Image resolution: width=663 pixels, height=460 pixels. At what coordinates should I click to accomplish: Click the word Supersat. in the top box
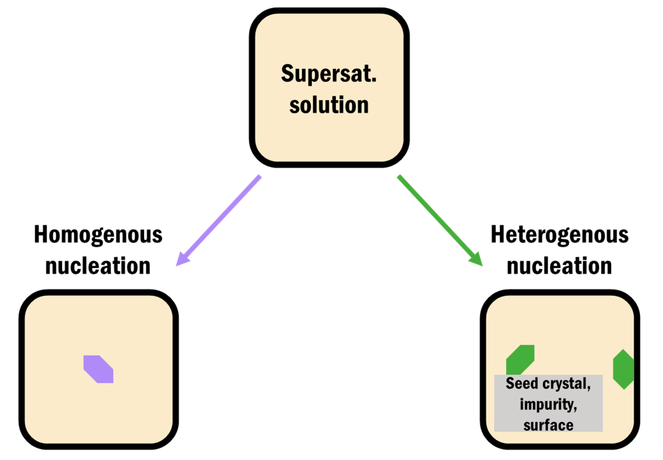[329, 74]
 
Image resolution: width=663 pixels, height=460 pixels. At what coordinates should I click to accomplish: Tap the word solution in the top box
[329, 105]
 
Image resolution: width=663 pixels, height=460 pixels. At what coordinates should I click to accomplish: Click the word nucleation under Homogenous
[98, 266]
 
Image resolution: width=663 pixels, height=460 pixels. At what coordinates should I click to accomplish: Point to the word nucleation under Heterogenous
[559, 266]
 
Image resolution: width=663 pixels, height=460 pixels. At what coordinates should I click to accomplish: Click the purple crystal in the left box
[98, 369]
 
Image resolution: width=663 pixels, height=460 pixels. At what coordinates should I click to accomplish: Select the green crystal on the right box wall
[623, 369]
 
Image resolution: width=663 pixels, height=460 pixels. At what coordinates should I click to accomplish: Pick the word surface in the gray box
[548, 425]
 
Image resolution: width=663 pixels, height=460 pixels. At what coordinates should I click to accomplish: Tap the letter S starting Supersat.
[287, 73]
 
